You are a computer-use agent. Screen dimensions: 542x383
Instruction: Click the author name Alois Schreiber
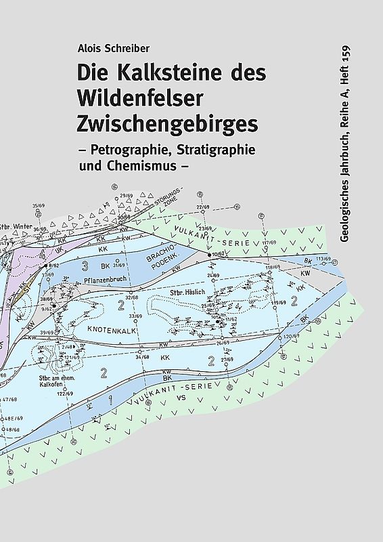[x=113, y=49]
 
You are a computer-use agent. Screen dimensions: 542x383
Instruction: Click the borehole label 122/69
[x=64, y=393]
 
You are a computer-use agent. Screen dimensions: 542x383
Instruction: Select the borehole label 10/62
[x=218, y=254]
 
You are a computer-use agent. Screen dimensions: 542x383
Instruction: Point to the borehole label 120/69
[x=291, y=337]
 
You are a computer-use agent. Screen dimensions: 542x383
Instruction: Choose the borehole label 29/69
[x=126, y=196]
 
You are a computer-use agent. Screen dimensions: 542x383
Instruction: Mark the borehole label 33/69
[x=136, y=316]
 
